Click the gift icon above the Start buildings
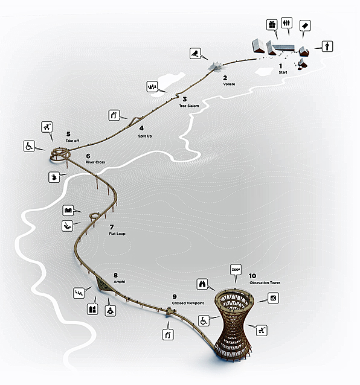272,25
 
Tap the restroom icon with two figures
286,23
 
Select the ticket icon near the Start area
305,25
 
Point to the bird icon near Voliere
195,54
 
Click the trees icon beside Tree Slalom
152,87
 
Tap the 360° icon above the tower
236,270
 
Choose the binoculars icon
202,284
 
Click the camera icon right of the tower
273,298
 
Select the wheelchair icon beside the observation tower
204,320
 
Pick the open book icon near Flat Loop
68,211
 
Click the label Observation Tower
265,282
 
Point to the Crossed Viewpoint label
188,303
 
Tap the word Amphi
119,282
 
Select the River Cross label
95,162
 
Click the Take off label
72,141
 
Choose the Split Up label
145,136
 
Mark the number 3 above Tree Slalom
185,99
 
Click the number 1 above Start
281,66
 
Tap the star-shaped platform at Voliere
216,66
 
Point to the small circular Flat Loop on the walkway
95,216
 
